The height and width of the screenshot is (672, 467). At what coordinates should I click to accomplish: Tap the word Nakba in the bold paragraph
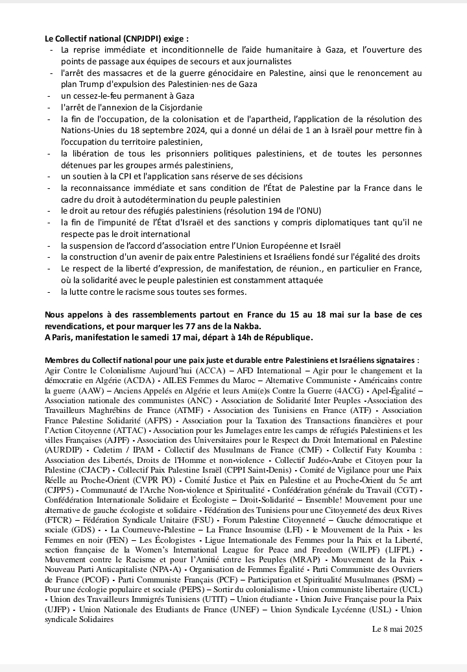tap(277, 325)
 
